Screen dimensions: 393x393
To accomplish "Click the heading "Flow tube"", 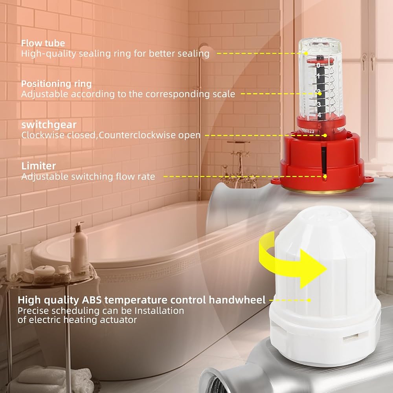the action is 43,43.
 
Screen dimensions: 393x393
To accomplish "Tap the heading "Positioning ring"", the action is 56,84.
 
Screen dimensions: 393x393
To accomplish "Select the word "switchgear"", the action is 49,125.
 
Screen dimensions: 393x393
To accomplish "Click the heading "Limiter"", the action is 39,166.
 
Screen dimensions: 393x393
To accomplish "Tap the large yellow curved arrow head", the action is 313,269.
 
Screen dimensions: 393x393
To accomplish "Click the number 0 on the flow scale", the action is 318,65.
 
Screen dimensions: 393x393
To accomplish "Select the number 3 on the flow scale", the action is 319,104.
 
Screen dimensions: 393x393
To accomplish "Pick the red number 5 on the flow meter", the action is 320,126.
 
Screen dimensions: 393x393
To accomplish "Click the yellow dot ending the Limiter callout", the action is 325,176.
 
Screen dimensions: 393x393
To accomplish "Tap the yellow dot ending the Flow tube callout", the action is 306,53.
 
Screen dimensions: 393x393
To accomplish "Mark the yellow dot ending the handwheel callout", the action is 309,300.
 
